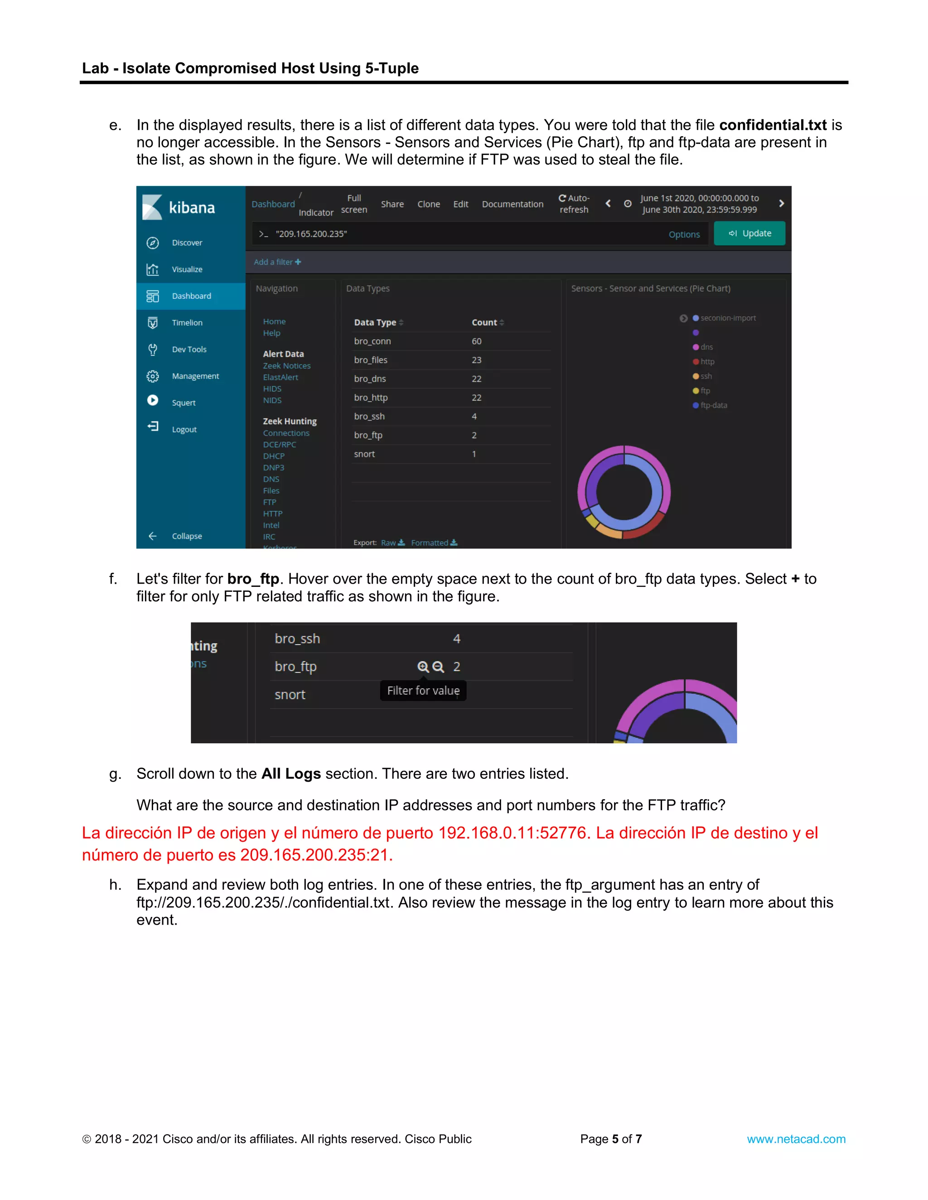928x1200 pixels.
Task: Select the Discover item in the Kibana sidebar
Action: (187, 243)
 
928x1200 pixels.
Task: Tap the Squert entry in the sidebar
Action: (183, 403)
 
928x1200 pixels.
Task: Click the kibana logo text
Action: (191, 208)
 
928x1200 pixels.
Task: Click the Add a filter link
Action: (277, 262)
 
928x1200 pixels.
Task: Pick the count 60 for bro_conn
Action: (476, 341)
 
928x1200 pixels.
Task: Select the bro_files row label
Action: (371, 360)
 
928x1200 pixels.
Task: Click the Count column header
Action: (484, 322)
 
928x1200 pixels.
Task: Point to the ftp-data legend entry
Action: (713, 405)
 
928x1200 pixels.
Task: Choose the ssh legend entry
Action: (706, 376)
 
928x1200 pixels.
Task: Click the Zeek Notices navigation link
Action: (286, 366)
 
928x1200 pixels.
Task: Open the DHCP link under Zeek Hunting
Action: (273, 456)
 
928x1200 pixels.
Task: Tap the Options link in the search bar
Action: (684, 235)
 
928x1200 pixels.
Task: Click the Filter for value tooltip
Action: (423, 691)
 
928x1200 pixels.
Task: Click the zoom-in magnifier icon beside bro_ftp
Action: (423, 667)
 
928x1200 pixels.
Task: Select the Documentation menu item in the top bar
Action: (512, 204)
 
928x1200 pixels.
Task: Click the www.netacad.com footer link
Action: (796, 1139)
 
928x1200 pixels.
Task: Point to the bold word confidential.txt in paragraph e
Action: (773, 125)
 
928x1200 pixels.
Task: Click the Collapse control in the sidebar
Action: (186, 536)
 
